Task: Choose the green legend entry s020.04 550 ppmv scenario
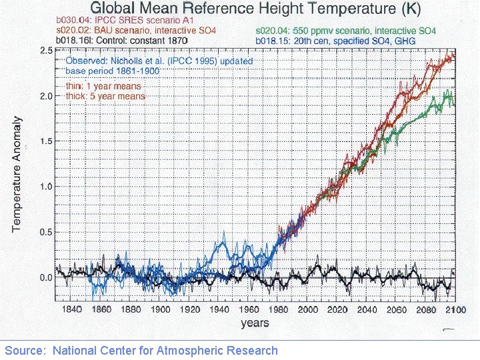[x=345, y=31]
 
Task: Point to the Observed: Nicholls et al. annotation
[x=159, y=61]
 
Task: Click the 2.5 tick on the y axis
[x=47, y=51]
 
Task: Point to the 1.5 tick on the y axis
[x=47, y=141]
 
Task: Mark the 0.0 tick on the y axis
[x=47, y=277]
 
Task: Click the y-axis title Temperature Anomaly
[x=18, y=175]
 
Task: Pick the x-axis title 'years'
[x=255, y=323]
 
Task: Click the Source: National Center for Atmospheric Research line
[x=141, y=350]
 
